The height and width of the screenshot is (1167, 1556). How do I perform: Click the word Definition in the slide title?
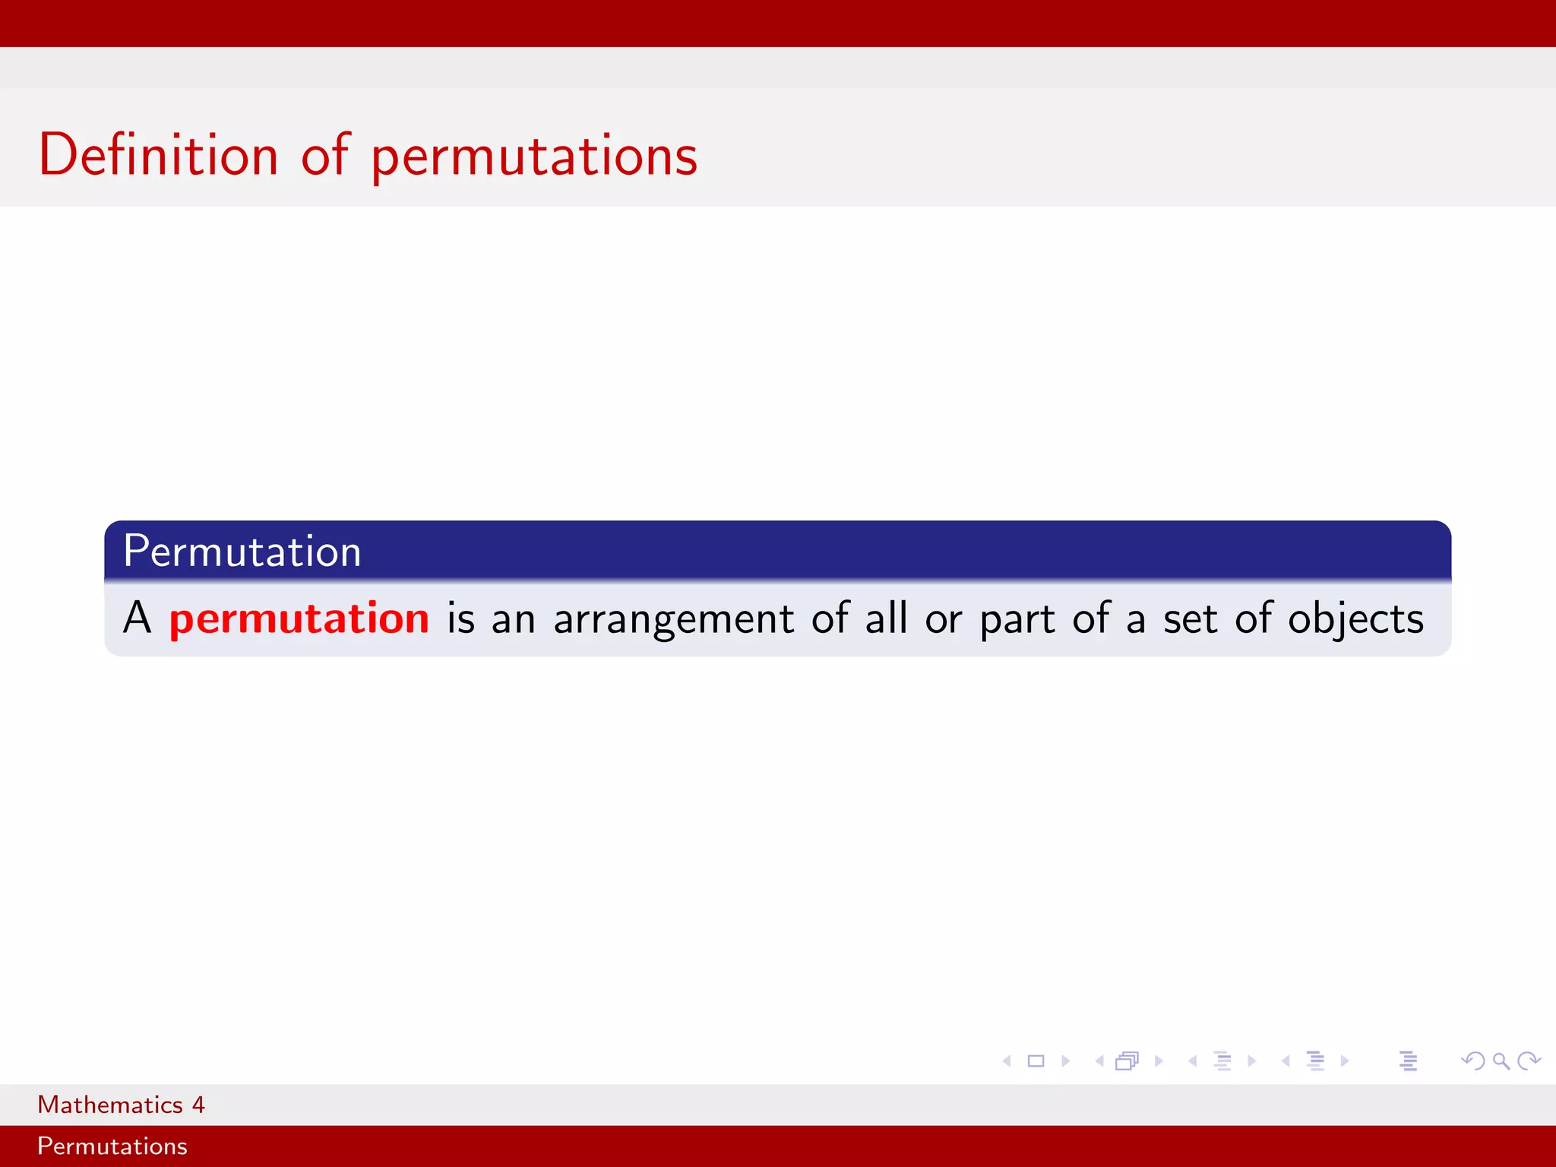point(159,155)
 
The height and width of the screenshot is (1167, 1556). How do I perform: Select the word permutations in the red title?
point(534,157)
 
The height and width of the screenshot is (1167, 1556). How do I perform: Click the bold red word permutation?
point(299,618)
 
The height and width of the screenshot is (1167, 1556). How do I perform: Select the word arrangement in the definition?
point(673,619)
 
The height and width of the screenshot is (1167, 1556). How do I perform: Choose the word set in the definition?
point(1190,618)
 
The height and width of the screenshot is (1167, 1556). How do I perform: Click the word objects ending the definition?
point(1355,619)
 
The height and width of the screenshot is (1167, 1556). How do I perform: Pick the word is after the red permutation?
point(460,618)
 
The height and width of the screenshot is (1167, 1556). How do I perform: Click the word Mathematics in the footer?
point(110,1105)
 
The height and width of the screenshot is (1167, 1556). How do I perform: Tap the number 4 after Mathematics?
point(198,1105)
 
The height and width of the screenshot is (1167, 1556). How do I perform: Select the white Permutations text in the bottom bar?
point(112,1146)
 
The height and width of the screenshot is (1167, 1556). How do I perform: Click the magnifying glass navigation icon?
point(1501,1061)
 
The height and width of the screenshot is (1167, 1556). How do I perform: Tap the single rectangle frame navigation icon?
point(1036,1061)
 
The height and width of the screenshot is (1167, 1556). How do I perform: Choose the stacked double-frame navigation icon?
point(1127,1061)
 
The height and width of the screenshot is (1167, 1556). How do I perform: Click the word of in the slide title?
point(325,155)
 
